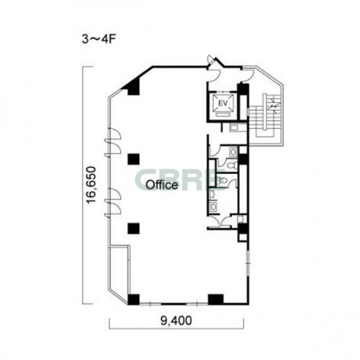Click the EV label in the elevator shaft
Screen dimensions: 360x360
pos(223,103)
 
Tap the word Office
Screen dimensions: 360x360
pos(162,185)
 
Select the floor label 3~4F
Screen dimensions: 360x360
pos(99,39)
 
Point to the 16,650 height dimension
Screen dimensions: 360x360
pos(91,185)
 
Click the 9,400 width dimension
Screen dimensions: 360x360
pos(176,320)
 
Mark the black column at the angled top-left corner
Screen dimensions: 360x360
pos(132,86)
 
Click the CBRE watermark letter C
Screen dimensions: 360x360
pos(144,179)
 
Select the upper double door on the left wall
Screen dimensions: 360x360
pos(113,142)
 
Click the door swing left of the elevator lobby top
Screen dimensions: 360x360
pos(214,75)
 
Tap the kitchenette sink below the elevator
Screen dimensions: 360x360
pos(235,127)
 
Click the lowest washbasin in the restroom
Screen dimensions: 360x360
pos(214,206)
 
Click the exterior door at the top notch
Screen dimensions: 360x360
pos(210,60)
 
